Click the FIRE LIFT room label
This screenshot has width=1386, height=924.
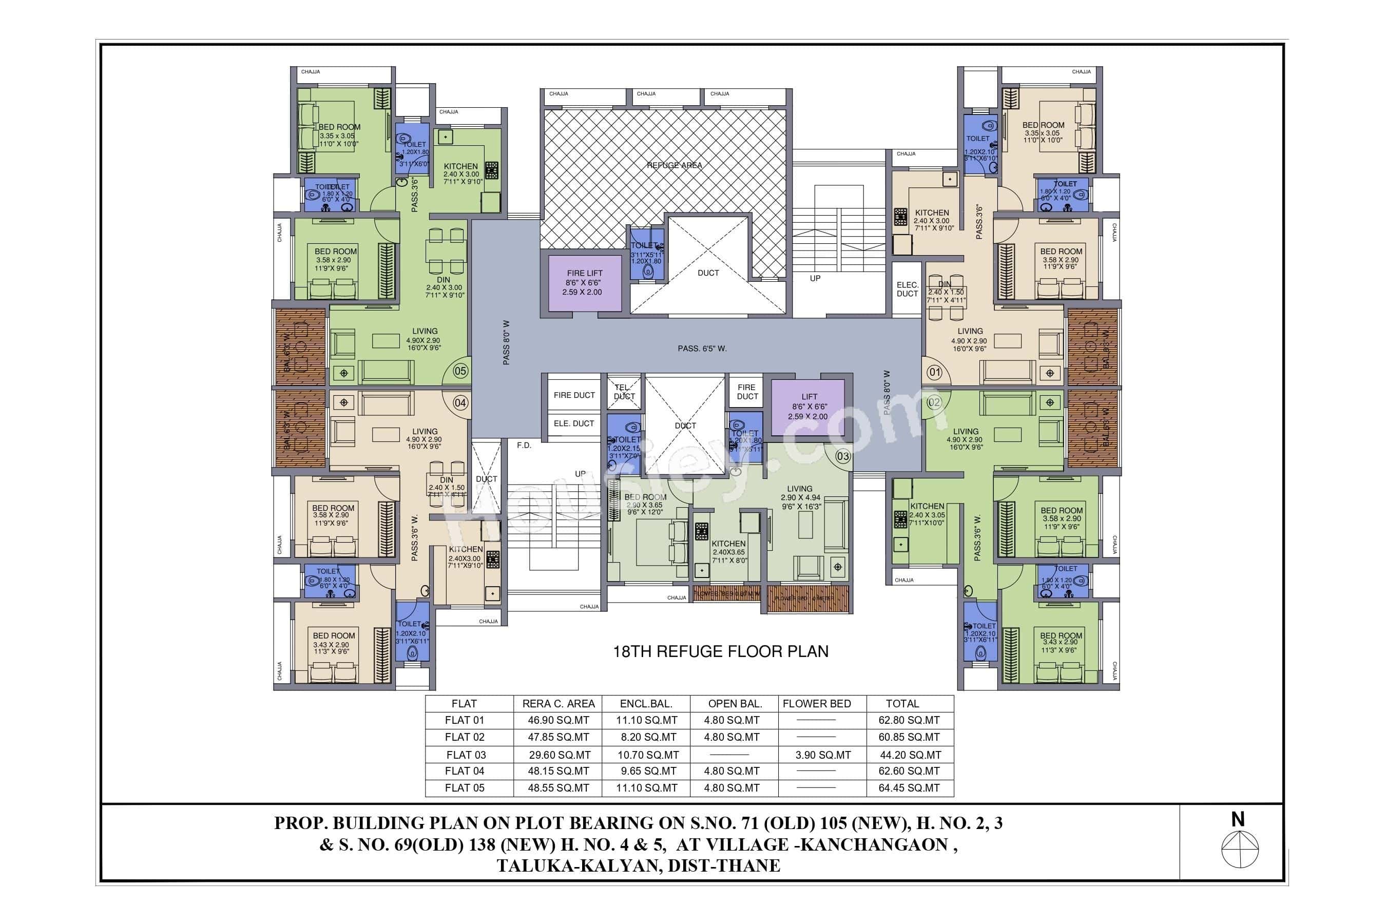pyautogui.click(x=584, y=274)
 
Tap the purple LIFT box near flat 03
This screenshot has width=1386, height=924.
pyautogui.click(x=808, y=407)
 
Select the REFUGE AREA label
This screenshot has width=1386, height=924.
pyautogui.click(x=674, y=166)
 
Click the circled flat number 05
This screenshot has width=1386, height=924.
pyautogui.click(x=460, y=371)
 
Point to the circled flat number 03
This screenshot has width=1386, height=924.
pyautogui.click(x=843, y=456)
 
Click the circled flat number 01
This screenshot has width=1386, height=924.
pyautogui.click(x=935, y=373)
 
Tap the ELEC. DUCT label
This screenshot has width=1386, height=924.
pyautogui.click(x=907, y=290)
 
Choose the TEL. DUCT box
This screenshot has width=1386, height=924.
pyautogui.click(x=625, y=392)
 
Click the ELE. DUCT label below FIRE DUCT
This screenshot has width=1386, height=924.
pyautogui.click(x=573, y=423)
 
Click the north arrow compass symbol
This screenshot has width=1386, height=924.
pyautogui.click(x=1240, y=849)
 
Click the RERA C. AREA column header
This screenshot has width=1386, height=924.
pyautogui.click(x=558, y=704)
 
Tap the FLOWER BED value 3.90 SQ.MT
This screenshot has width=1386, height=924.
pyautogui.click(x=823, y=755)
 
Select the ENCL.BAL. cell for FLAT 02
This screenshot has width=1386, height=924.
pyautogui.click(x=648, y=737)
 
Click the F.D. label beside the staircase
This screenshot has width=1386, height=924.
pyautogui.click(x=524, y=446)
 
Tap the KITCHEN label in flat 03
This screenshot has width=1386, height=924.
pyautogui.click(x=728, y=544)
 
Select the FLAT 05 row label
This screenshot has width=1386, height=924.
pyautogui.click(x=465, y=788)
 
